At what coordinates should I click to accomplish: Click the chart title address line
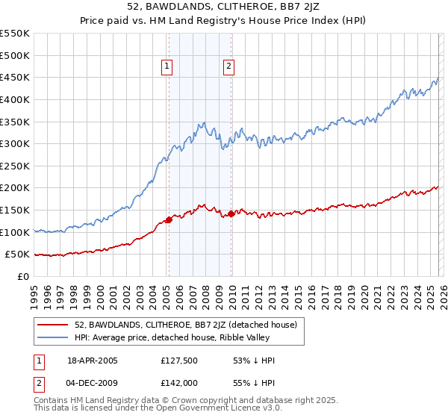(x=224, y=7)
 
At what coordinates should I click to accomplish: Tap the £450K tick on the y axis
(x=15, y=77)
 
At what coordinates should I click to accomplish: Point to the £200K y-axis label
(x=15, y=188)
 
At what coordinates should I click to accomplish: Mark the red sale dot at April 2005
(x=169, y=219)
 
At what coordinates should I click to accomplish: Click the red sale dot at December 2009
(x=231, y=213)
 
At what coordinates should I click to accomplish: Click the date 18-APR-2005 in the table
(x=93, y=361)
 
